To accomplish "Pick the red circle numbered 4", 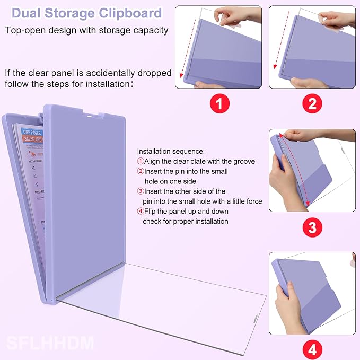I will [312, 350].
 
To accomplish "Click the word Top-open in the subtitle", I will [25, 30].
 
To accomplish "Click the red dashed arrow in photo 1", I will [181, 48].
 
